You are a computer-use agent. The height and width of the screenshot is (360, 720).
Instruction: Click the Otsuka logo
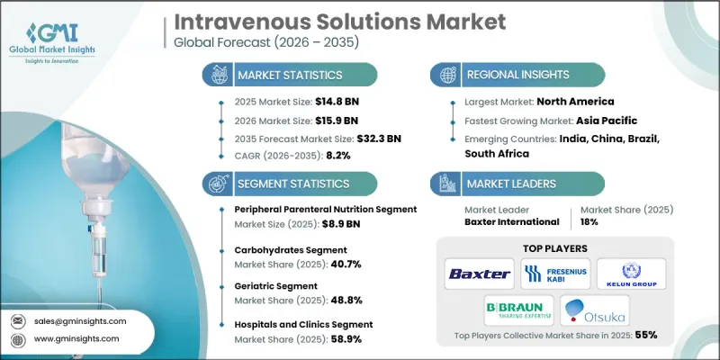coord(595,310)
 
